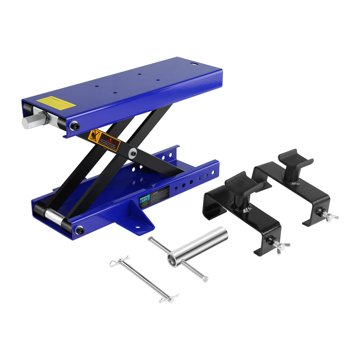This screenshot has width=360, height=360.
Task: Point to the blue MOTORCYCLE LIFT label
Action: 144,199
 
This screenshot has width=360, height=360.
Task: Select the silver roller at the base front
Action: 54,216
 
